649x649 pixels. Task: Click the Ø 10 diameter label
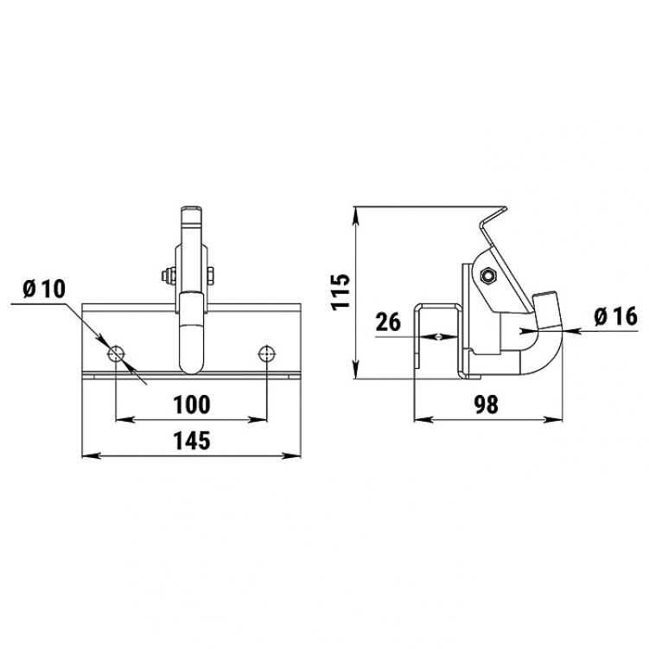[44, 289]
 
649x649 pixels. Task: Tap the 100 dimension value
[192, 404]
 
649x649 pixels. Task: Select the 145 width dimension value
[192, 441]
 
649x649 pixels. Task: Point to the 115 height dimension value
[342, 291]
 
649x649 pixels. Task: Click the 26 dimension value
[388, 322]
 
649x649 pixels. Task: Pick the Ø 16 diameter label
[615, 317]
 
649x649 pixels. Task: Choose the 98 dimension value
[487, 404]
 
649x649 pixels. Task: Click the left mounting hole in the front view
[117, 354]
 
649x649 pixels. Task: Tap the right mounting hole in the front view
[267, 354]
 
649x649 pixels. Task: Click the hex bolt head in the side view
[487, 276]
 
